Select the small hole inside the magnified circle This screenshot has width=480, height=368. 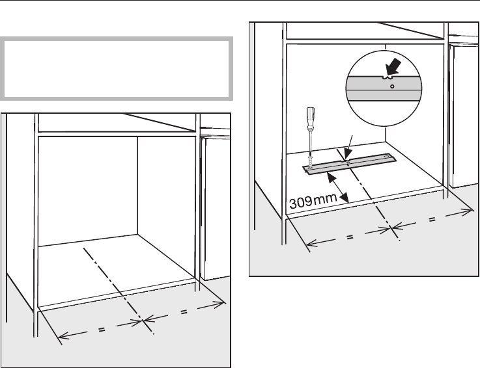[x=391, y=85]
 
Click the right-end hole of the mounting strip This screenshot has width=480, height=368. [x=390, y=157]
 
